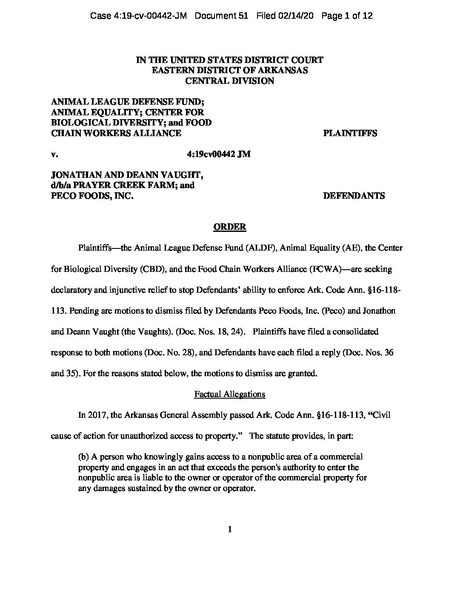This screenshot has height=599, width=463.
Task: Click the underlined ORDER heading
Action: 229,227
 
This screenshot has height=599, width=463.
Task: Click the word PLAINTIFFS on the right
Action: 350,133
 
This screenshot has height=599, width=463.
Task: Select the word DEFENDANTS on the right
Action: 354,196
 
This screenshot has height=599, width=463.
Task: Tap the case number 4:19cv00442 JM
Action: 219,154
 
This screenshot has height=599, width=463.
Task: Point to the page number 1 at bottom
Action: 230,530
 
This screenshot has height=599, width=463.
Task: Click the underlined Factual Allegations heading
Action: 229,394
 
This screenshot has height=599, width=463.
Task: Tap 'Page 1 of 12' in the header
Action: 347,16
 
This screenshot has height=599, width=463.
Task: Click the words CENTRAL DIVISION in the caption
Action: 230,81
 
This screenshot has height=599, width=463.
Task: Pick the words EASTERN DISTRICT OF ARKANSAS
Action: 230,71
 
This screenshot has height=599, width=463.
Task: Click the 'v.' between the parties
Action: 54,154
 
